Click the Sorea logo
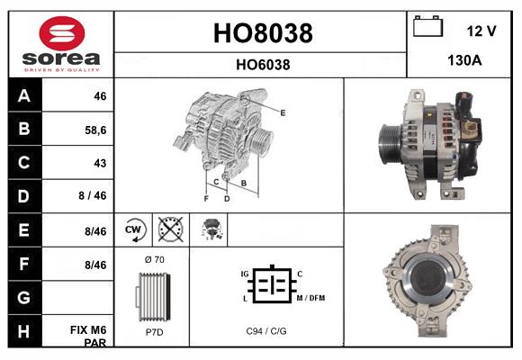pos(61,44)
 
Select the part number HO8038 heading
pos(262,34)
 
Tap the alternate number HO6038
pos(263,64)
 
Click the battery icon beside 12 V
pos(426,28)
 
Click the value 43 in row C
pos(100,163)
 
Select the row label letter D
pos(24,196)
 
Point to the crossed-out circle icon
pos(171,230)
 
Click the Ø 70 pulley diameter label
pos(153,260)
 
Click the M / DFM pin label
pos(311,298)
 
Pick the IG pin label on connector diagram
pos(244,273)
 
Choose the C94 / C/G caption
pos(266,331)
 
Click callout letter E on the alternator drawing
pos(283,112)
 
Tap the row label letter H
pos(24,333)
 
